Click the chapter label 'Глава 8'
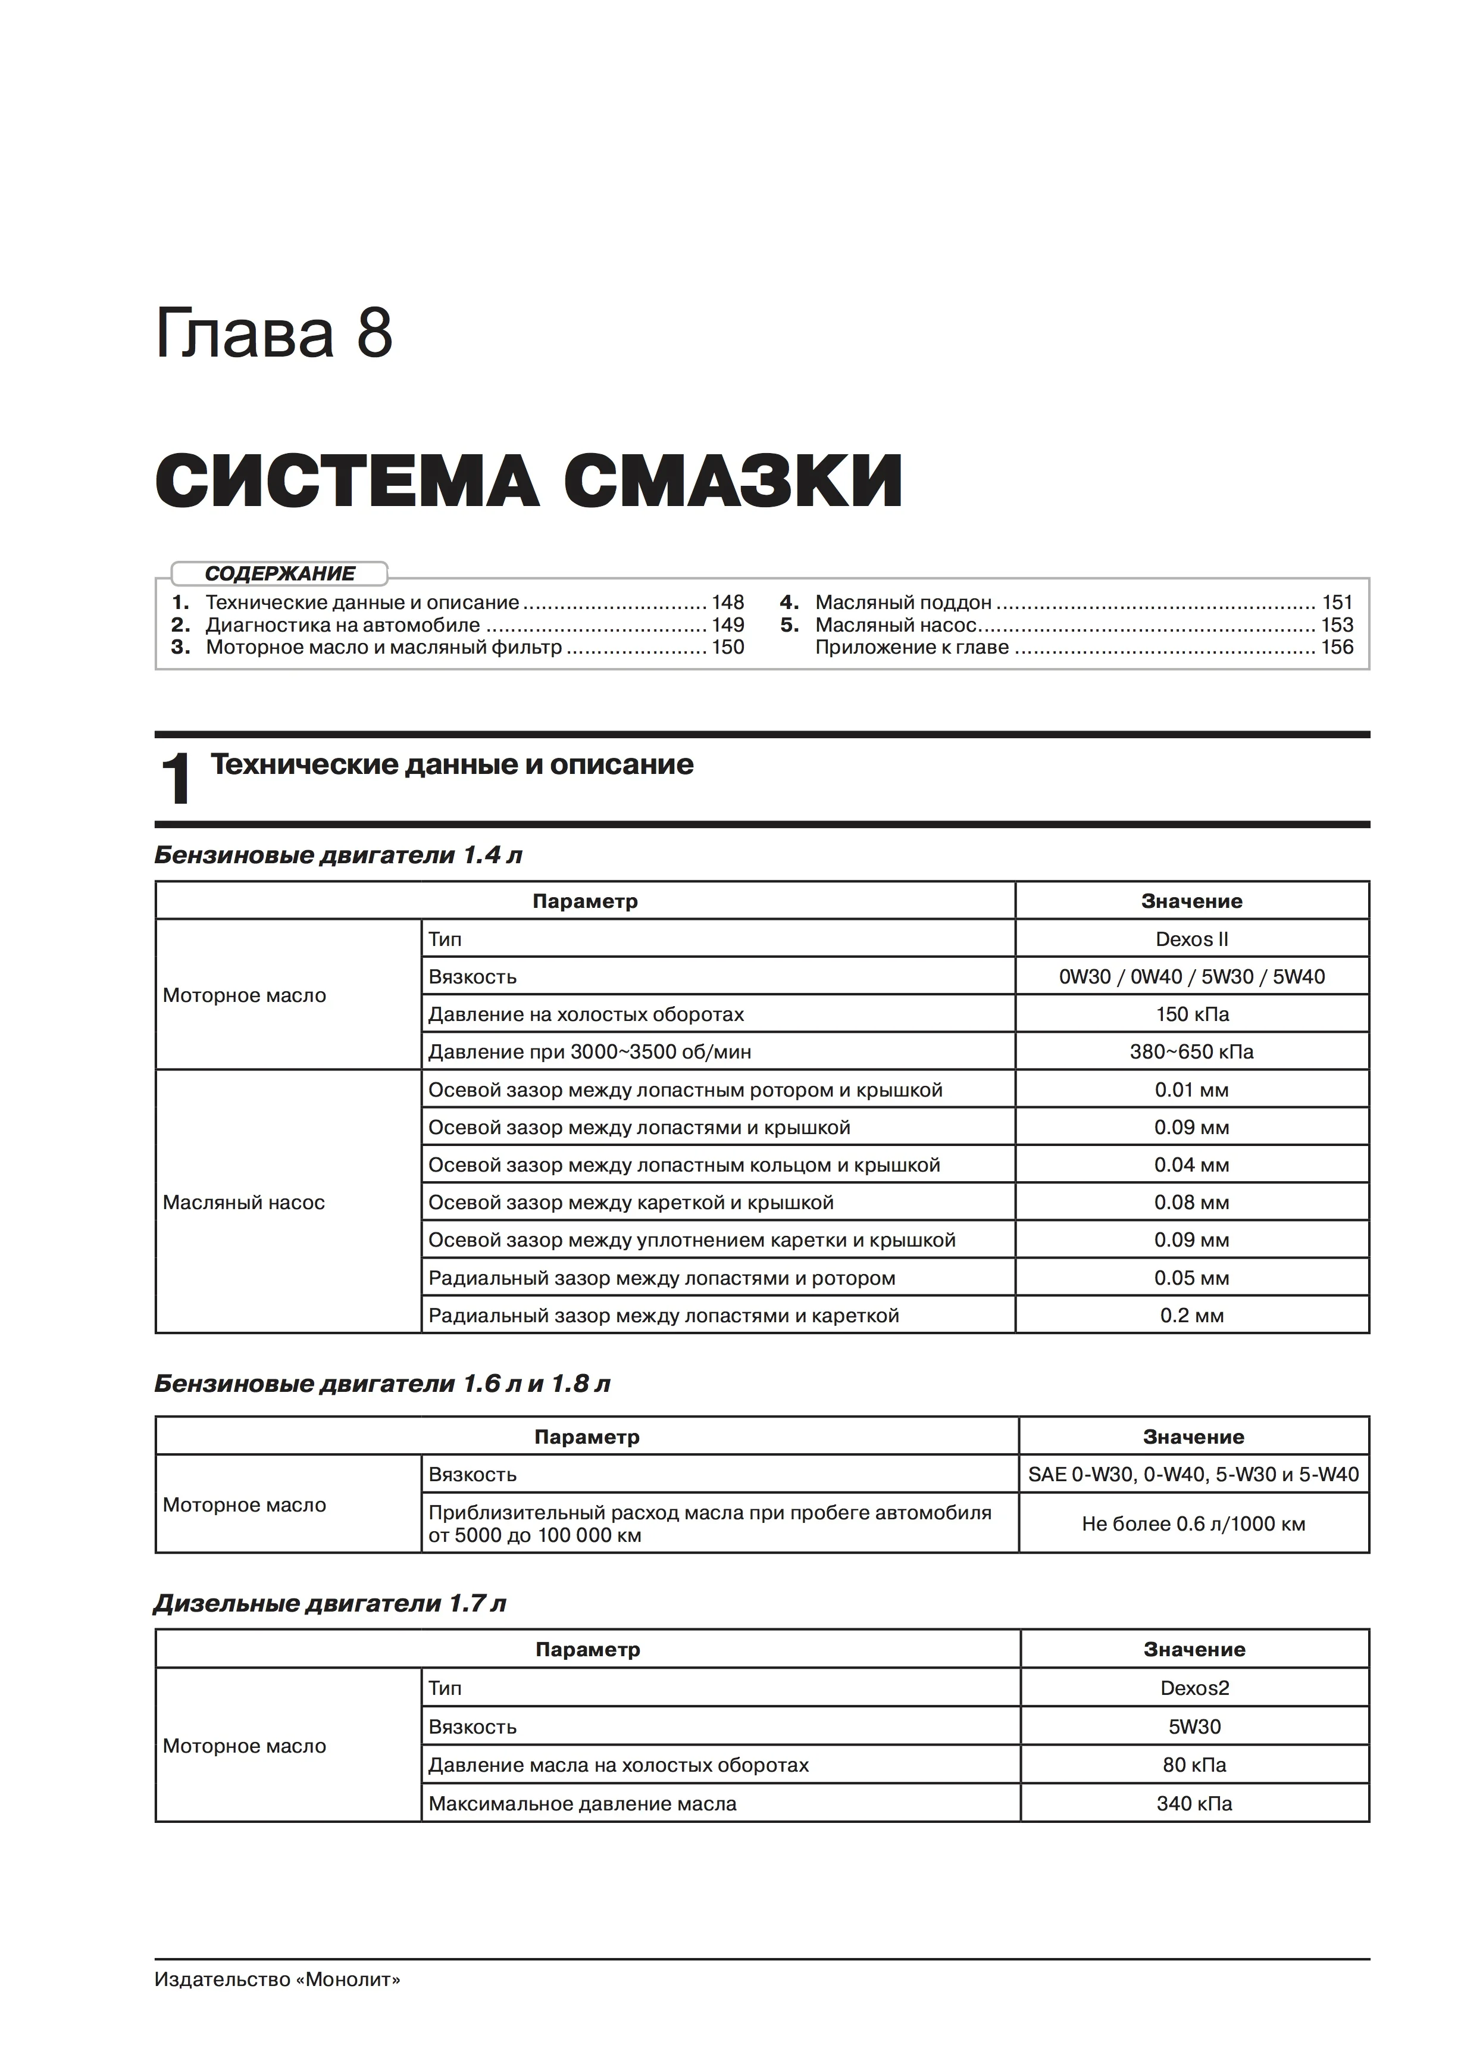tap(274, 334)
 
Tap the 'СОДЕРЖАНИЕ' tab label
tap(280, 573)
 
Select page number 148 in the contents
tap(727, 602)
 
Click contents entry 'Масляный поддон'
tap(903, 602)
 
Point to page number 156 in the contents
tap(1337, 647)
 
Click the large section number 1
tap(176, 780)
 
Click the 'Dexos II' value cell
tap(1191, 939)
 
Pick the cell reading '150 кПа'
tap(1191, 1014)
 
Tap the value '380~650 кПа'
tap(1191, 1051)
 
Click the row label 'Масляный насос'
tap(244, 1203)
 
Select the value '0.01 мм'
tap(1191, 1090)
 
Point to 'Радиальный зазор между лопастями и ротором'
tap(662, 1278)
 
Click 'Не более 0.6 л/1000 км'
tap(1193, 1524)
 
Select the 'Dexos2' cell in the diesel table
tap(1194, 1688)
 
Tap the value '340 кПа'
tap(1194, 1804)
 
